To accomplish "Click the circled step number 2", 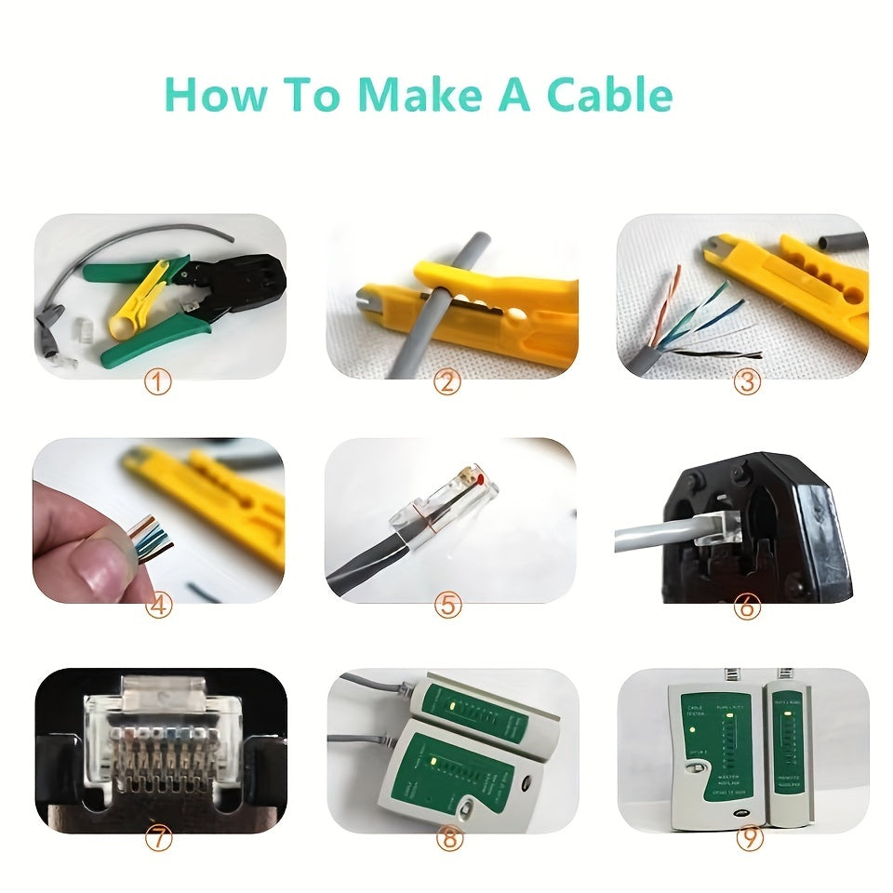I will coord(448,382).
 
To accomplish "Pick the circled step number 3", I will coord(747,382).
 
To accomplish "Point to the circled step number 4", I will coord(159,606).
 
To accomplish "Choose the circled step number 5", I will coord(448,606).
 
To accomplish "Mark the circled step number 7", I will coord(159,837).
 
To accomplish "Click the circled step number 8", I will coord(448,837).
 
